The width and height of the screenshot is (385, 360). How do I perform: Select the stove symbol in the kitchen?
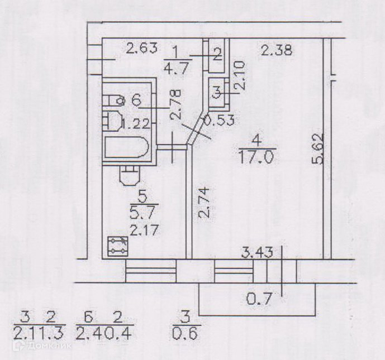tap(118, 246)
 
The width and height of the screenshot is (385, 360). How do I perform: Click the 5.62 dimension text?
tap(318, 149)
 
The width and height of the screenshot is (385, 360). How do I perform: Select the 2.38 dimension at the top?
tap(277, 52)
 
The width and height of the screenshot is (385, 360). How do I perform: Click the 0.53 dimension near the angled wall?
tap(218, 119)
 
